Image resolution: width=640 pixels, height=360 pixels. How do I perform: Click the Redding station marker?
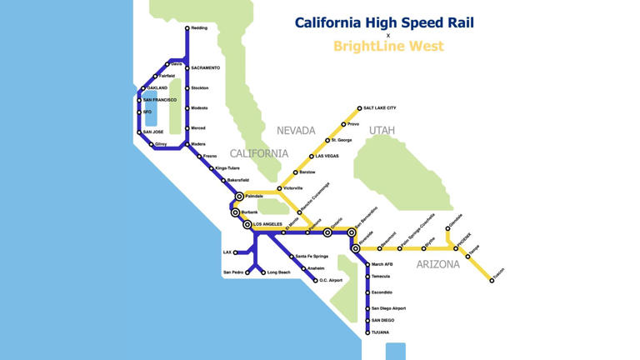187,27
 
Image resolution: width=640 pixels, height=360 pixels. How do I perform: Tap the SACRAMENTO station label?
205,67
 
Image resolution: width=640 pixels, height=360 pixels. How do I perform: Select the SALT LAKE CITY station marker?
359,108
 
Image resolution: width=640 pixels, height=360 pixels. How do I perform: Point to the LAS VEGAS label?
324,156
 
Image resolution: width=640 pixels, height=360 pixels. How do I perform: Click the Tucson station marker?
492,280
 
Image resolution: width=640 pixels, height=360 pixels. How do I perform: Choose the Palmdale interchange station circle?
239,196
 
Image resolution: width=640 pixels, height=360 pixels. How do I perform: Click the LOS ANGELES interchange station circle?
247,225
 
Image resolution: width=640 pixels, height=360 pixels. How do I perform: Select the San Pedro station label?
232,272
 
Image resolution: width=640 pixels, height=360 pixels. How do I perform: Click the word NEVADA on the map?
296,131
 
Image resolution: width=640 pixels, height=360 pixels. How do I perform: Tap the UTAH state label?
382,131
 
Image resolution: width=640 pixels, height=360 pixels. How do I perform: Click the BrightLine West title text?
388,47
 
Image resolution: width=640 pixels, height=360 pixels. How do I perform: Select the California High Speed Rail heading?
384,22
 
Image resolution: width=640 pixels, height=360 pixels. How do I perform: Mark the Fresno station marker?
199,156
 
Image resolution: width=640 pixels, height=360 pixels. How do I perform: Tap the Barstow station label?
307,172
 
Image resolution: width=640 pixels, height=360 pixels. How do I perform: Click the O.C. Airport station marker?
316,280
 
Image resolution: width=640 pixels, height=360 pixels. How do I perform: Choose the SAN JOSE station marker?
139,132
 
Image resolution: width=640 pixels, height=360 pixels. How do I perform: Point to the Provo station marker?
342,124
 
